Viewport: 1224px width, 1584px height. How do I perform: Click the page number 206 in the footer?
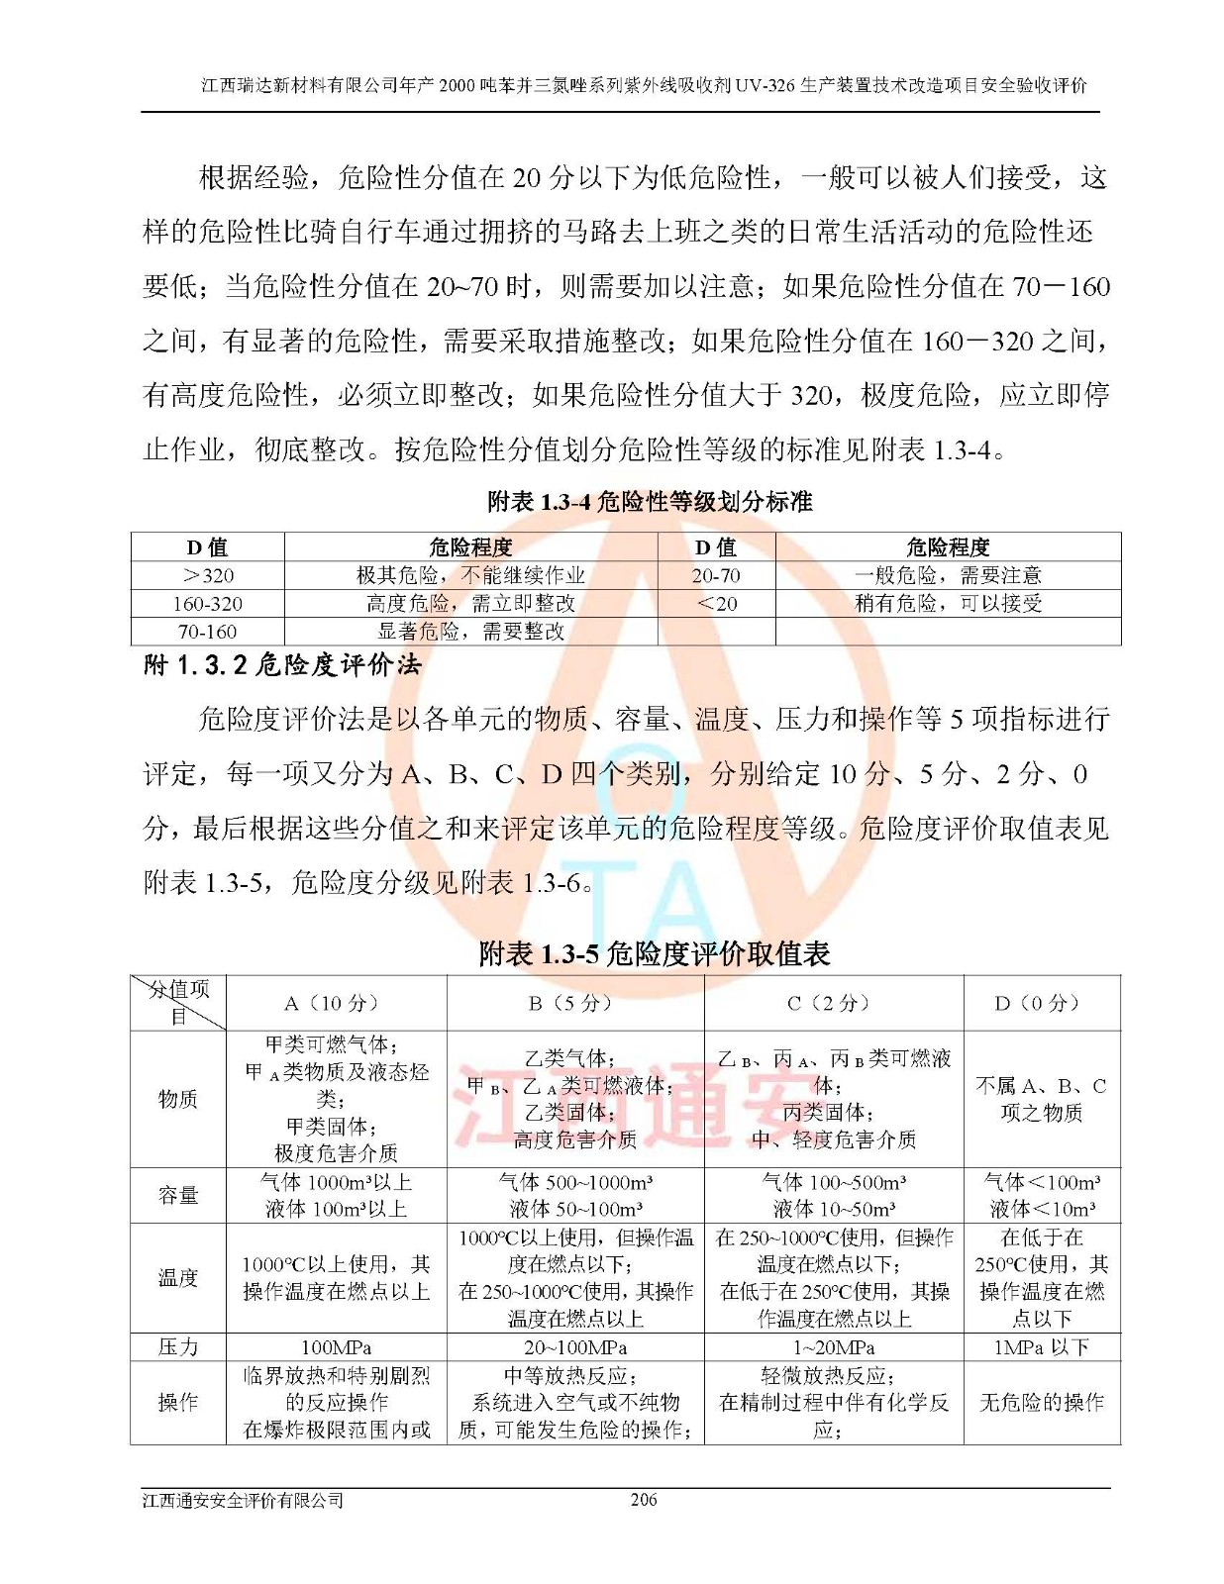pos(644,1499)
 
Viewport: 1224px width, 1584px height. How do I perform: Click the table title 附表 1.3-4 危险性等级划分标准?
pos(650,502)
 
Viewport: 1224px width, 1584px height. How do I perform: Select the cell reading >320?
pos(208,575)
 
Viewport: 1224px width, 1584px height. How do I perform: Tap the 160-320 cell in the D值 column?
pos(208,603)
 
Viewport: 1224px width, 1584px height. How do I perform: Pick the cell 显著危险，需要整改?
pos(470,631)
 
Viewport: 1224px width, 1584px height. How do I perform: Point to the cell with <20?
pos(716,603)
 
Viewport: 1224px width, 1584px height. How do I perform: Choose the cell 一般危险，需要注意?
pos(948,575)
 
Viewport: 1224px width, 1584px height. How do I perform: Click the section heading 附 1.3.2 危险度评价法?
pos(282,664)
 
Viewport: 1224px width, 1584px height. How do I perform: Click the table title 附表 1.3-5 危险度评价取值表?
pos(654,953)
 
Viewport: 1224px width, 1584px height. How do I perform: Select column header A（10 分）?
pos(336,1003)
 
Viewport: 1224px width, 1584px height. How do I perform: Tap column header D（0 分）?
pos(1041,1003)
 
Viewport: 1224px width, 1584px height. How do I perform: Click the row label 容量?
pos(178,1195)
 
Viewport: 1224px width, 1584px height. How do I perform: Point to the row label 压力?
pos(178,1346)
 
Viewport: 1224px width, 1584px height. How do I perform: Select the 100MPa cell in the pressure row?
pos(336,1347)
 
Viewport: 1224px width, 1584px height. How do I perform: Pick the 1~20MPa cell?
pos(833,1347)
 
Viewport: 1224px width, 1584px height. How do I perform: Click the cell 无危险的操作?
pos(1041,1402)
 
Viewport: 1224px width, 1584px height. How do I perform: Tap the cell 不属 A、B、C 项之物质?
pos(1041,1099)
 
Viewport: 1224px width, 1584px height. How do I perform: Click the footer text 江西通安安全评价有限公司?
pos(243,1500)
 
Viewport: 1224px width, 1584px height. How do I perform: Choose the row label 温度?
pos(178,1277)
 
